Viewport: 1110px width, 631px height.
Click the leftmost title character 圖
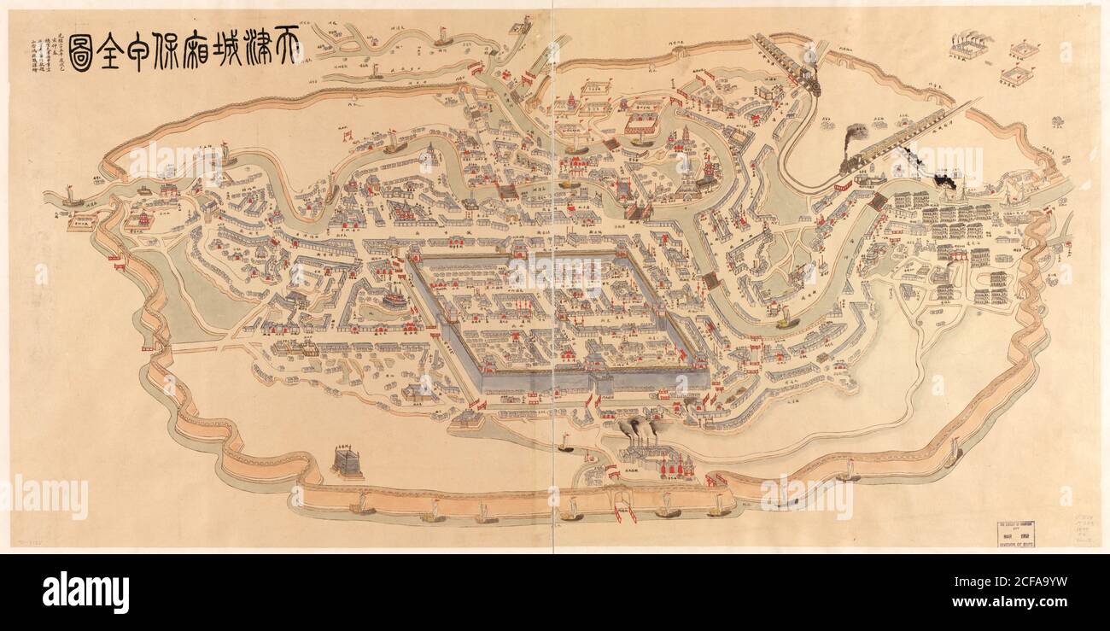pos(81,51)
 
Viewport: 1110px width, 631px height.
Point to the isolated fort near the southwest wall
pos(347,463)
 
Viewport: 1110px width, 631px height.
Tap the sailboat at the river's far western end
pos(73,202)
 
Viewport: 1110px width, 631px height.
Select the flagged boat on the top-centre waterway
pos(443,36)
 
